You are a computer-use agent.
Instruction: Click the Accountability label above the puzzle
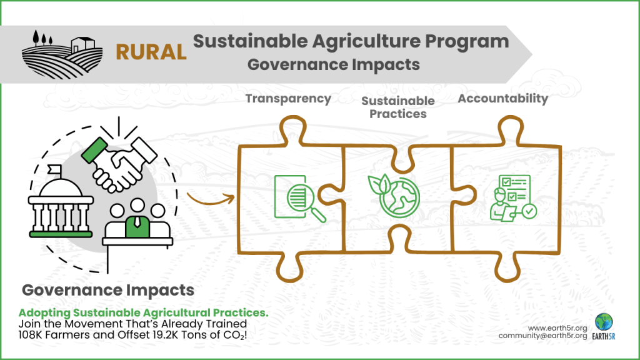pos(502,99)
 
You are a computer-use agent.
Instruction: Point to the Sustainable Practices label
pos(397,107)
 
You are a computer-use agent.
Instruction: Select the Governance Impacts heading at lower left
pos(108,291)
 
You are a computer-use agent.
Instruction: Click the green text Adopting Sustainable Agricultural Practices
pos(143,312)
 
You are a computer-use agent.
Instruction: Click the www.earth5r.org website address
pos(557,327)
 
